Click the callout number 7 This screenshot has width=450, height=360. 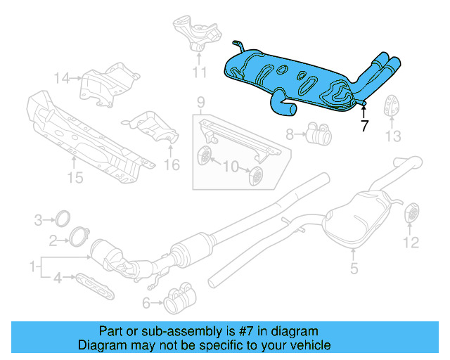pos(364,127)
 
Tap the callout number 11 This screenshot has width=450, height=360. pos(199,72)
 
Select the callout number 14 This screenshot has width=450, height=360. pos(63,78)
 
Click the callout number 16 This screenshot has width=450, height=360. pos(172,165)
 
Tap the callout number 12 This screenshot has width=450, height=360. pos(410,243)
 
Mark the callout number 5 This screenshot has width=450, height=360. pos(354,267)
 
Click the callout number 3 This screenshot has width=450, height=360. pos(39,221)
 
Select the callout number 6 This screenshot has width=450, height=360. pos(146,303)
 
